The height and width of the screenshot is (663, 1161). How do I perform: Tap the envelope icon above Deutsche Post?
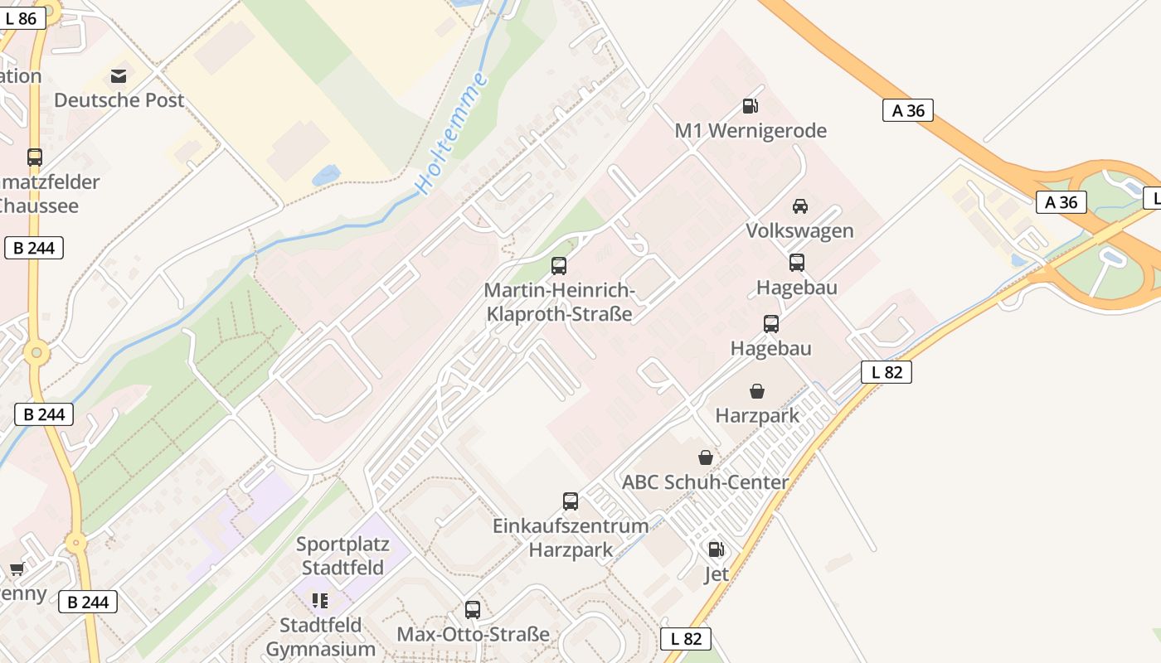click(119, 76)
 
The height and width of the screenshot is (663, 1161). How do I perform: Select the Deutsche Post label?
click(119, 100)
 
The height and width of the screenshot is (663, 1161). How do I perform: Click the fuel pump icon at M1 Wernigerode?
click(751, 106)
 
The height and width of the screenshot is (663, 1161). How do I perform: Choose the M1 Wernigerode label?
click(751, 131)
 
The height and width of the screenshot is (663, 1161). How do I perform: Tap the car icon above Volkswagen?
click(799, 206)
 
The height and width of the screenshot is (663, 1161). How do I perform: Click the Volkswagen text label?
click(799, 230)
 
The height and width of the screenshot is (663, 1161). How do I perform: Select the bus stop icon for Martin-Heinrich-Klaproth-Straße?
click(559, 266)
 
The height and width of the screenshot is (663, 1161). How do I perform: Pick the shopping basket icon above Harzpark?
click(757, 391)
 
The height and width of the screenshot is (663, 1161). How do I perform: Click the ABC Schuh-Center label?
click(705, 482)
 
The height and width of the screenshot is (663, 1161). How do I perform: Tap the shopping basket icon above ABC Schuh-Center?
click(705, 457)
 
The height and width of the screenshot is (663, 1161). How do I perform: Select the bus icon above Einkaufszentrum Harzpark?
click(571, 501)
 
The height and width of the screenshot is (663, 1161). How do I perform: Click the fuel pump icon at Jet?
click(716, 549)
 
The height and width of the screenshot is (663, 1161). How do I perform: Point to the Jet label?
click(716, 573)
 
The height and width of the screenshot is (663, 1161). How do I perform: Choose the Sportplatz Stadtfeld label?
click(342, 556)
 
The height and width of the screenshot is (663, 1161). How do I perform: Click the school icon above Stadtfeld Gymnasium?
click(320, 600)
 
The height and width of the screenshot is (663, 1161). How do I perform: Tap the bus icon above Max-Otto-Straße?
click(473, 610)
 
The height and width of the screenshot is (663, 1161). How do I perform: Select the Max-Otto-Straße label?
click(473, 634)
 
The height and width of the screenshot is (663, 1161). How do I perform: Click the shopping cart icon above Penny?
click(17, 569)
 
